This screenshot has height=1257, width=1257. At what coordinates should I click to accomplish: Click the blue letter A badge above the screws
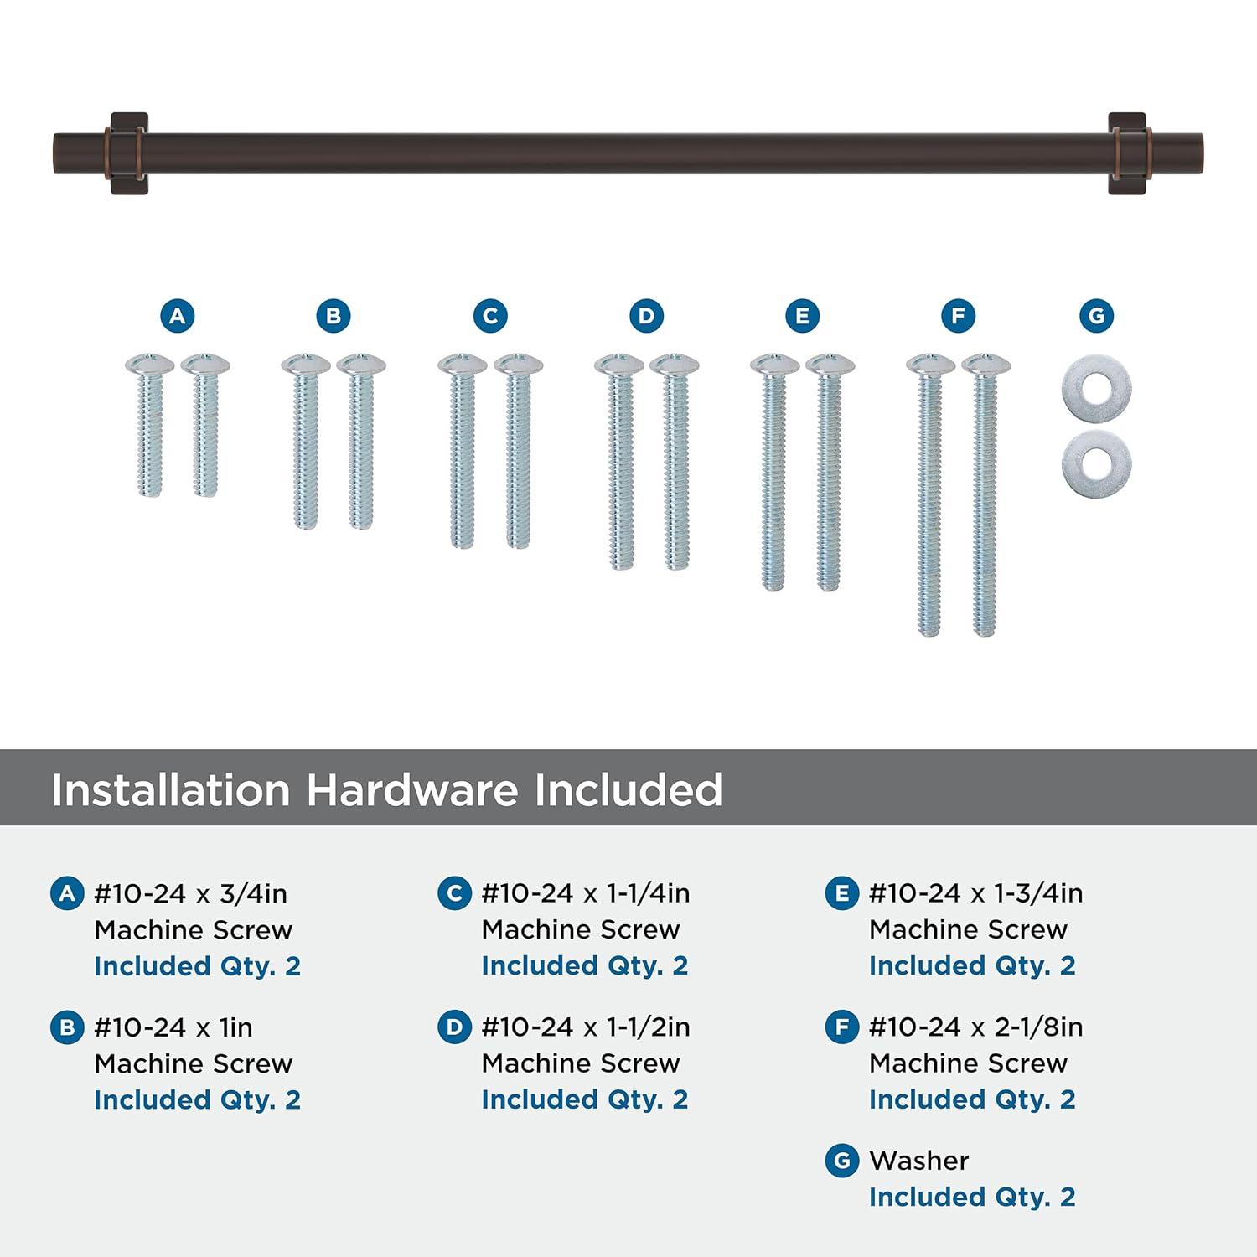(x=177, y=316)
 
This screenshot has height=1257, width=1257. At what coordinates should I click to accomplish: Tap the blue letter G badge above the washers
(x=1096, y=316)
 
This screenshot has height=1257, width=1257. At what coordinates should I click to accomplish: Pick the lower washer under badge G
(x=1096, y=463)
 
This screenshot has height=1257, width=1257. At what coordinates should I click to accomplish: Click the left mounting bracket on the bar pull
(x=129, y=153)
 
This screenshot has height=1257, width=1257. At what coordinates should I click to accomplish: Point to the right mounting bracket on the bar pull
(x=1127, y=153)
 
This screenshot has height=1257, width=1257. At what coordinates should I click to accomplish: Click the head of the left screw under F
(x=930, y=365)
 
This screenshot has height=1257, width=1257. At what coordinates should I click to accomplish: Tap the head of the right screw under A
(x=205, y=364)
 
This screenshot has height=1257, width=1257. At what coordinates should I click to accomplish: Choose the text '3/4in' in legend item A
(x=253, y=894)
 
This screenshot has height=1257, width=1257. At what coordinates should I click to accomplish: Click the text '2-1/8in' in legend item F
(x=1038, y=1027)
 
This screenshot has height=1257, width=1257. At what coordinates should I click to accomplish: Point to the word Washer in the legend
(x=918, y=1161)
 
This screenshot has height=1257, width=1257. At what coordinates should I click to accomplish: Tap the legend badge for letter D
(x=454, y=1027)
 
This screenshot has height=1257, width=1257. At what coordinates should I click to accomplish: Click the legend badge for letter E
(x=841, y=894)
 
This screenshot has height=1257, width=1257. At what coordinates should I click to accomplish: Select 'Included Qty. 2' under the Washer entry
(x=972, y=1197)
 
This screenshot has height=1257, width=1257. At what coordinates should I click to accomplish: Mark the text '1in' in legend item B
(x=235, y=1027)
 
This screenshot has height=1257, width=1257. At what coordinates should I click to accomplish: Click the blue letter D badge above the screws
(x=646, y=316)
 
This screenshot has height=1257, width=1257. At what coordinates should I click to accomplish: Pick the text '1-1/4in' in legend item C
(x=648, y=894)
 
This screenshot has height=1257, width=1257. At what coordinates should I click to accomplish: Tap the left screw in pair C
(x=462, y=453)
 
